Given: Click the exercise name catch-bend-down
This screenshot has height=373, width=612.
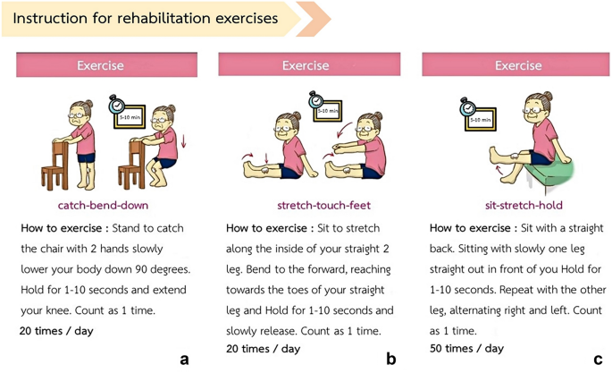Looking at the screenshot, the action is click(x=103, y=206).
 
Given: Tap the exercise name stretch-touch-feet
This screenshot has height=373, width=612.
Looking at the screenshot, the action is click(x=324, y=206).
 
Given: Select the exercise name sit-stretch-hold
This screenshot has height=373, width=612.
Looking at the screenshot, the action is click(x=524, y=206).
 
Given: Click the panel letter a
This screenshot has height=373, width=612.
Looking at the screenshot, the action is click(x=184, y=360).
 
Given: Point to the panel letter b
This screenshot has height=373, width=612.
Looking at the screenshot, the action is click(x=391, y=358).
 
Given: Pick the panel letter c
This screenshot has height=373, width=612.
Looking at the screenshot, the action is click(x=598, y=360).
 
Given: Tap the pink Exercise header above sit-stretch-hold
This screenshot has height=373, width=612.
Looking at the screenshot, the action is click(x=516, y=64).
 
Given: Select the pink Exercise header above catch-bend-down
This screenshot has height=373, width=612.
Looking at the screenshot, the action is click(x=106, y=64).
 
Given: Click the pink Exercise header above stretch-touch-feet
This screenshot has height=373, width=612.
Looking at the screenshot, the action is click(x=309, y=64).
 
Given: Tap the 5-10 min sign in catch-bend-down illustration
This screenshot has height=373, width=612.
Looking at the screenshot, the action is click(x=130, y=116).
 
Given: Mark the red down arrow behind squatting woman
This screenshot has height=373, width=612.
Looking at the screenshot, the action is click(x=183, y=140).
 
